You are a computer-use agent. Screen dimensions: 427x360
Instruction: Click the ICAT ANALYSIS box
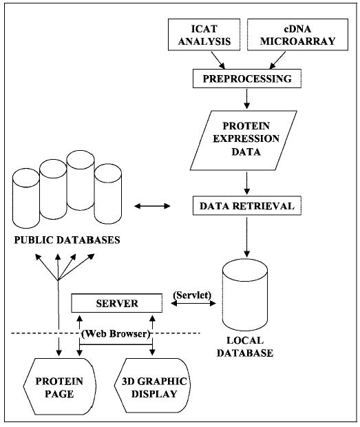(210, 35)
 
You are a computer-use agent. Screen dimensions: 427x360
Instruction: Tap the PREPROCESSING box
(246, 79)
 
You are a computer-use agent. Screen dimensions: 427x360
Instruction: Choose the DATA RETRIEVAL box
(246, 205)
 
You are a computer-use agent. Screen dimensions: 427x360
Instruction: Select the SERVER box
(116, 303)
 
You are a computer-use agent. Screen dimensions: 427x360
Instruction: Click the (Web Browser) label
(116, 334)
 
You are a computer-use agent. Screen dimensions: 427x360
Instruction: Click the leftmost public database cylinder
(25, 200)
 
